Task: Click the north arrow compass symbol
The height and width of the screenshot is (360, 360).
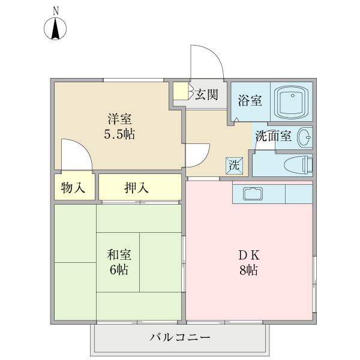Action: pyautogui.click(x=56, y=29)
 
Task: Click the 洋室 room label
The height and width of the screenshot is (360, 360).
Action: pyautogui.click(x=117, y=119)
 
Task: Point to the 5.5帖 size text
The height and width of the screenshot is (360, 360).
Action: pyautogui.click(x=117, y=134)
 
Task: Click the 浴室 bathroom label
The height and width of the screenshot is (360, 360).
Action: pyautogui.click(x=250, y=100)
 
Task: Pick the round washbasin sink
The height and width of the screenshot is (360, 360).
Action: pyautogui.click(x=304, y=137)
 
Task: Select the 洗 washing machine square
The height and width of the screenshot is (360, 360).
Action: pyautogui.click(x=234, y=165)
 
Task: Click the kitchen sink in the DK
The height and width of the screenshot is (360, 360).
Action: pyautogui.click(x=253, y=194)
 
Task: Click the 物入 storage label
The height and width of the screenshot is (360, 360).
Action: pyautogui.click(x=73, y=188)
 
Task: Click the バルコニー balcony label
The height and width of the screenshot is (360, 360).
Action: pyautogui.click(x=179, y=338)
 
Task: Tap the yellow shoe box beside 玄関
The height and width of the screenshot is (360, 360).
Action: pyautogui.click(x=180, y=91)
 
